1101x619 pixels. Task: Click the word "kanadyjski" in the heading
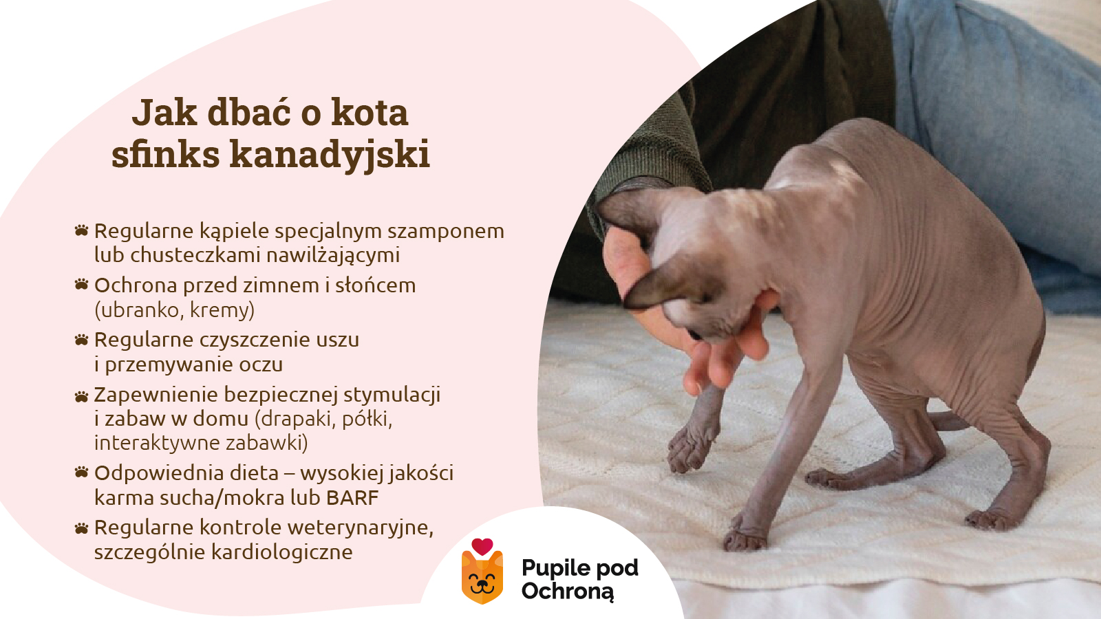(330, 154)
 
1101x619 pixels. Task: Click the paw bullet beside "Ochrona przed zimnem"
(82, 284)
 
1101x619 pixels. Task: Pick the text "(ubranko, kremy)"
(174, 310)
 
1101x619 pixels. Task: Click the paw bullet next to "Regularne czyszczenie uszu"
(82, 339)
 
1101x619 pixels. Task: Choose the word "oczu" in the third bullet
(260, 365)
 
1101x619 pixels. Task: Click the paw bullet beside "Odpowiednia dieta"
(82, 472)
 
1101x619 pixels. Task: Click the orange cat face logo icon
(482, 580)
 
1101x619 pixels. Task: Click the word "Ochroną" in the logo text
(567, 591)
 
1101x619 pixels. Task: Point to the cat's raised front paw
(690, 450)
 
